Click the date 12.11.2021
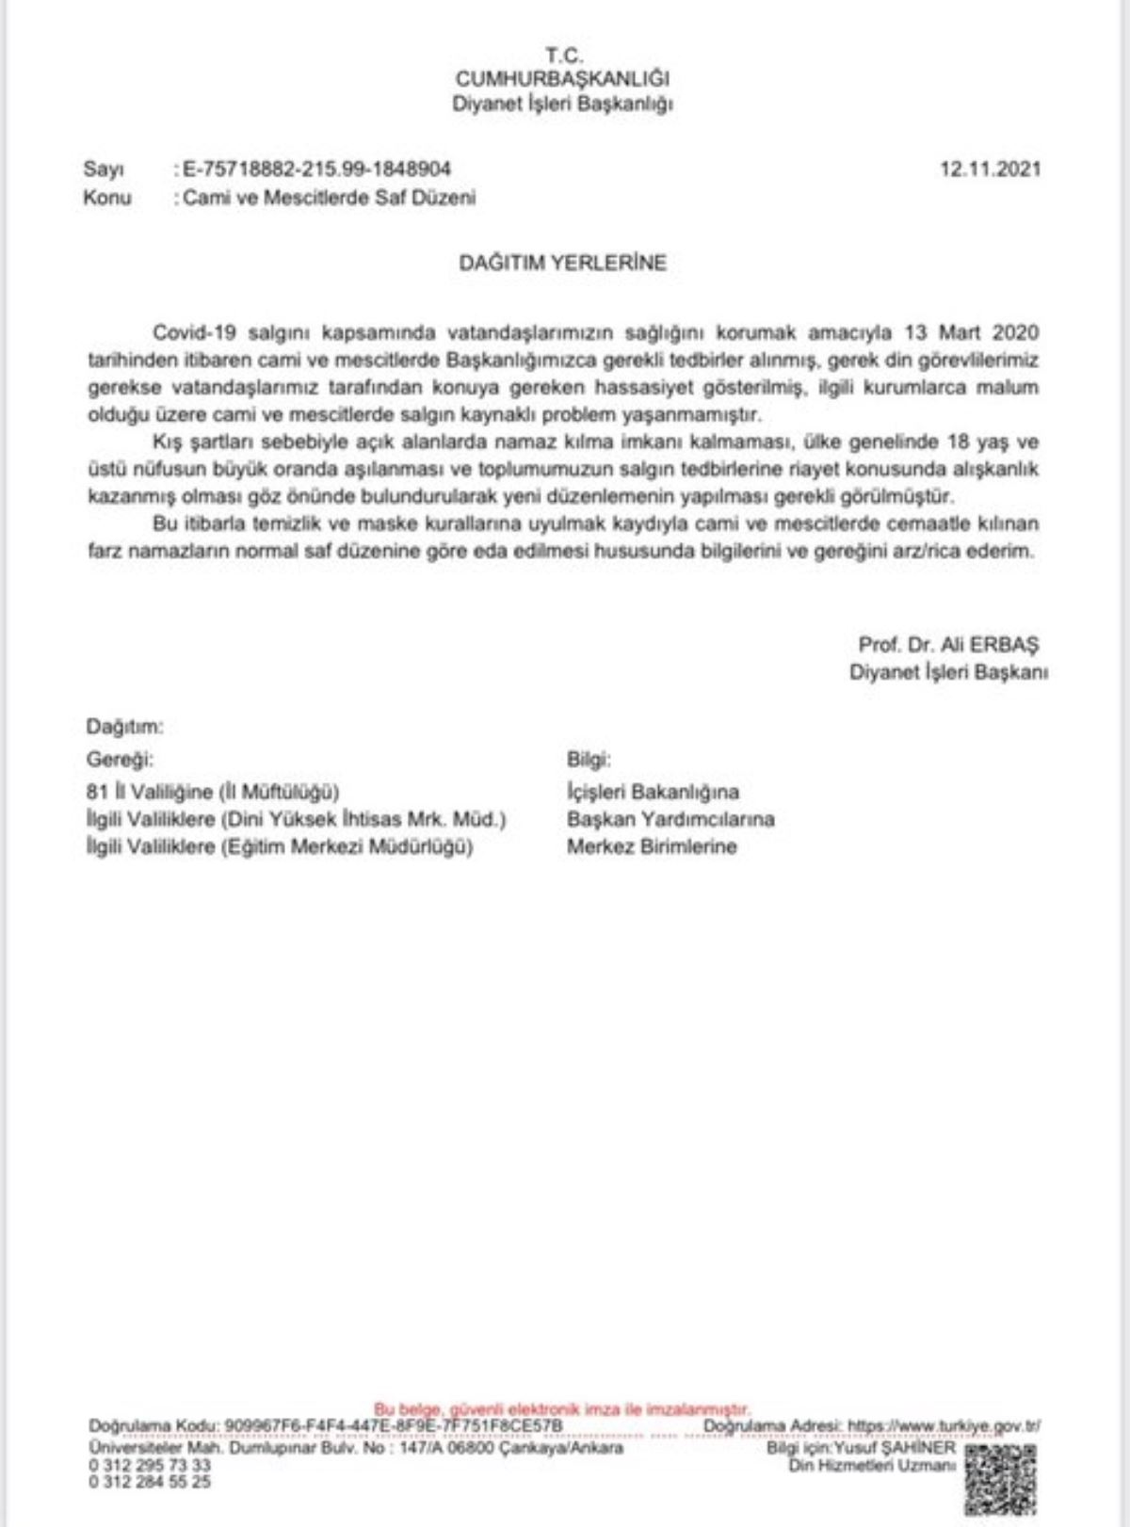[x=991, y=169]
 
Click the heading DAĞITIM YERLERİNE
[x=562, y=264]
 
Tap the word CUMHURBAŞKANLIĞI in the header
[x=562, y=79]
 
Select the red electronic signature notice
[x=562, y=1410]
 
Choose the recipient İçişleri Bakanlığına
[x=653, y=792]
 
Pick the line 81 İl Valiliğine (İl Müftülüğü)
[x=213, y=792]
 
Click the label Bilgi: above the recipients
[x=589, y=760]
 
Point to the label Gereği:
[x=120, y=760]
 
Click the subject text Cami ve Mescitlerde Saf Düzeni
[x=330, y=198]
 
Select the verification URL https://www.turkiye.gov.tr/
[x=944, y=1426]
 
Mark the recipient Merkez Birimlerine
[x=652, y=846]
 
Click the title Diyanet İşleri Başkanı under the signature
[x=948, y=672]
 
